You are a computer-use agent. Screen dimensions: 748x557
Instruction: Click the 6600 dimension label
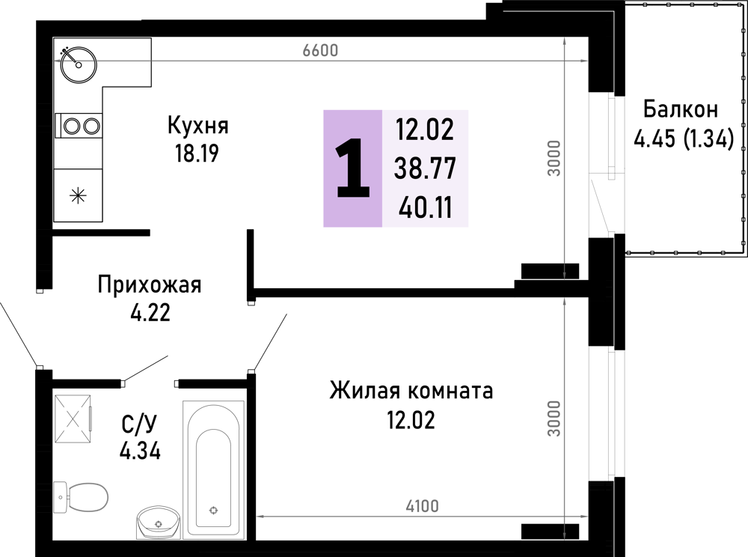[320, 50]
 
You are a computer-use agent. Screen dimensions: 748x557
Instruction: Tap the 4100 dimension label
[422, 506]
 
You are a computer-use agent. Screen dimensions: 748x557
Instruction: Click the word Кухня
[198, 126]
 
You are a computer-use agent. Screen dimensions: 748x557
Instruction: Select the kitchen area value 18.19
[197, 153]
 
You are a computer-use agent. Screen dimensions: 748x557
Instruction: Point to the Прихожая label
[150, 285]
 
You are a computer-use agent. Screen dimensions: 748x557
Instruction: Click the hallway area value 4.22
[150, 313]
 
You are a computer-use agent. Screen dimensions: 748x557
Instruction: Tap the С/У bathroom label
[139, 423]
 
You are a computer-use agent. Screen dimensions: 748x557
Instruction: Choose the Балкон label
[680, 110]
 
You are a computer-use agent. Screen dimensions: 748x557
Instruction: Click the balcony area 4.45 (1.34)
[683, 139]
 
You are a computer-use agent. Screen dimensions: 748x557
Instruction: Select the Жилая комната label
[411, 391]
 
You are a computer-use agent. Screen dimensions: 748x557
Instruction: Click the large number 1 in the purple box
[353, 168]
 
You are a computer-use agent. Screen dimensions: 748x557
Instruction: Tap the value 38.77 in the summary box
[425, 168]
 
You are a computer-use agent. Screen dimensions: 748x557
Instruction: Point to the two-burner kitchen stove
[79, 127]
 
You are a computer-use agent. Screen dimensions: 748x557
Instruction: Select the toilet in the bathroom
[81, 496]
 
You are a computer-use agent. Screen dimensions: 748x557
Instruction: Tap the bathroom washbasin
[159, 522]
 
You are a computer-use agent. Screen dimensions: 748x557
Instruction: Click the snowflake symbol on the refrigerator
[78, 195]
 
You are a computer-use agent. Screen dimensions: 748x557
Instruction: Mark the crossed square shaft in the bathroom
[73, 419]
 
